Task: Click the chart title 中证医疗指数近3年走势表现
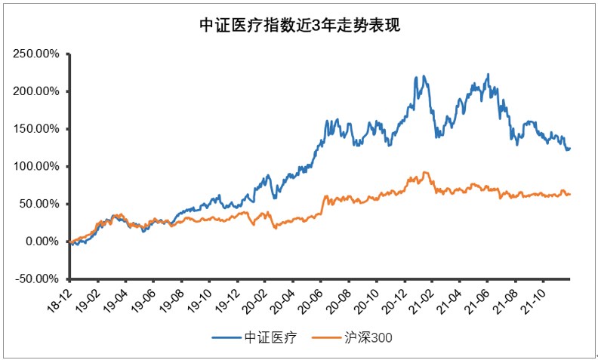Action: (299, 26)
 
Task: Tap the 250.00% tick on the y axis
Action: (36, 54)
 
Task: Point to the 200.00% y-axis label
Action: (36, 91)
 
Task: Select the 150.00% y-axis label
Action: (36, 129)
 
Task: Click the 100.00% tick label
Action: (36, 167)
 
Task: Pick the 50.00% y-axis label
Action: (39, 204)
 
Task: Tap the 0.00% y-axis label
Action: (42, 242)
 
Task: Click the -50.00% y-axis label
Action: (37, 279)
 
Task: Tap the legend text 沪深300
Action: (368, 337)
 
